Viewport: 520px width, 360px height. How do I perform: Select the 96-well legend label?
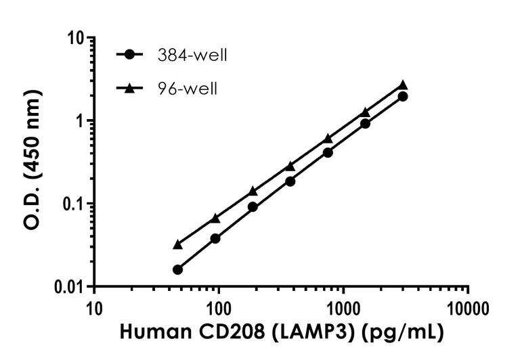(x=188, y=89)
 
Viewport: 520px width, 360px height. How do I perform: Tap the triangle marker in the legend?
(x=129, y=88)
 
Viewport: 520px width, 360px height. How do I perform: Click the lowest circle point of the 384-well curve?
(x=178, y=269)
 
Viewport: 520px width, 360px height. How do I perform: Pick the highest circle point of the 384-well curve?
(x=403, y=96)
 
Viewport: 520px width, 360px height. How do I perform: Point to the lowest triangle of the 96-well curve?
(x=178, y=244)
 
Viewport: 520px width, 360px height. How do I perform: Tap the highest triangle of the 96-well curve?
(x=403, y=85)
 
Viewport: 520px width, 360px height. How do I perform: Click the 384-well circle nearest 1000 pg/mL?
(x=328, y=152)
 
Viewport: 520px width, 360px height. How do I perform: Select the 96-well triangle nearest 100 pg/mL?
(x=215, y=218)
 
